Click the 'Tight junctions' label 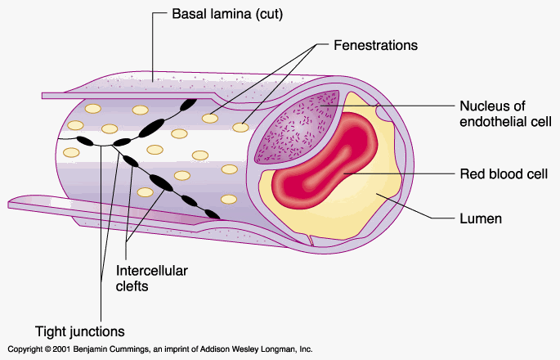tap(80, 331)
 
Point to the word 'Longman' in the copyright tap(281, 349)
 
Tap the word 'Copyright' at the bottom tap(19, 349)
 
